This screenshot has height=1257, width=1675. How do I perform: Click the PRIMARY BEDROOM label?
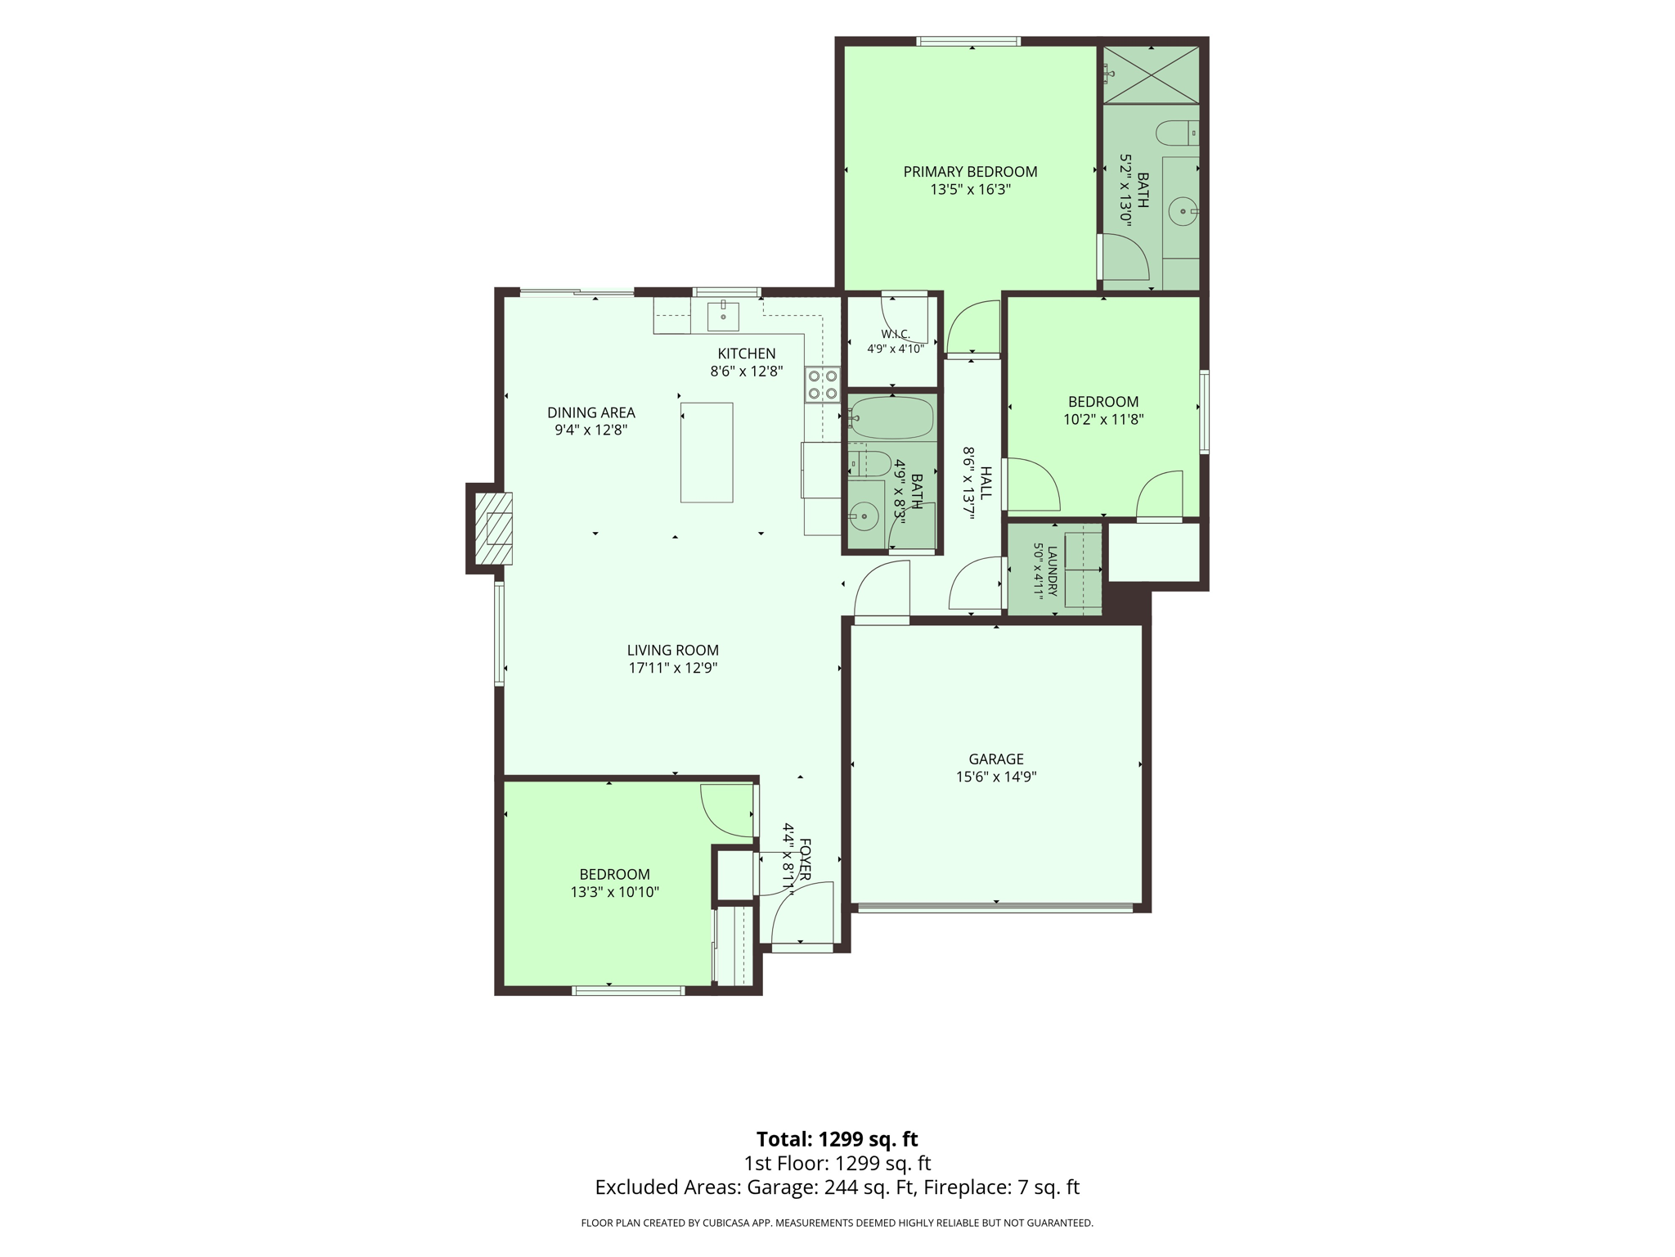[970, 172]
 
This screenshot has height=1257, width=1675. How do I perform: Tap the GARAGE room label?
[996, 759]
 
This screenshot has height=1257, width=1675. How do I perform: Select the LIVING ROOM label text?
[673, 651]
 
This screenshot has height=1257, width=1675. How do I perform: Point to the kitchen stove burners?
[823, 385]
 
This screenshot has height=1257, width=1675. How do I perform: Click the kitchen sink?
[723, 314]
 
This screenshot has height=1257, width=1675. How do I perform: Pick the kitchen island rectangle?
[707, 453]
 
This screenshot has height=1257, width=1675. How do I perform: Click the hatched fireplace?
[494, 529]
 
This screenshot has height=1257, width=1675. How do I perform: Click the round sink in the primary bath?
[1183, 212]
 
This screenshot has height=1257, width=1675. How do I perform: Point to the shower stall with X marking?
[1151, 75]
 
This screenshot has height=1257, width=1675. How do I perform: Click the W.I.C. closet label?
[896, 334]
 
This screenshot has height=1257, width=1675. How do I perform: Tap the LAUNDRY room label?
[1053, 570]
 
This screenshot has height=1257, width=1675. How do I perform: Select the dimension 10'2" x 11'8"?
[1103, 420]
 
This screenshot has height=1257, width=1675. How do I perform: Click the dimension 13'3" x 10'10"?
[615, 892]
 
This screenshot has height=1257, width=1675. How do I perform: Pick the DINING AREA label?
[591, 412]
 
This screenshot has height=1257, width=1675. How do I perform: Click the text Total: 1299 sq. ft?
[837, 1139]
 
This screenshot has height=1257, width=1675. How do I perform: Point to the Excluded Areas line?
[837, 1187]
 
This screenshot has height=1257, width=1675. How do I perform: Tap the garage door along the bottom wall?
[996, 908]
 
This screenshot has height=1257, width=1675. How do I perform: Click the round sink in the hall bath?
[864, 516]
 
